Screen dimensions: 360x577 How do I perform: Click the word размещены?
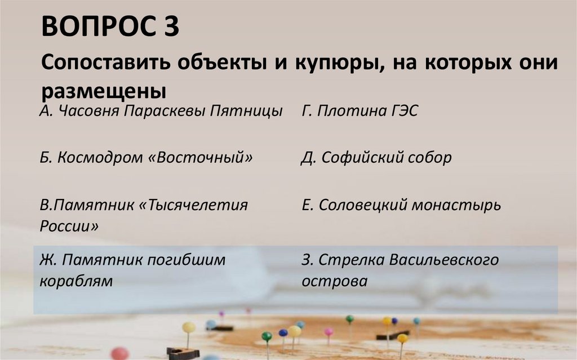click(x=104, y=90)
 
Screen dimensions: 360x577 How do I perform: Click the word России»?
click(x=69, y=226)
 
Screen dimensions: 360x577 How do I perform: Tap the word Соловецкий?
click(x=363, y=205)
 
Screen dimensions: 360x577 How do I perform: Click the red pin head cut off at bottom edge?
click(x=119, y=354)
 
